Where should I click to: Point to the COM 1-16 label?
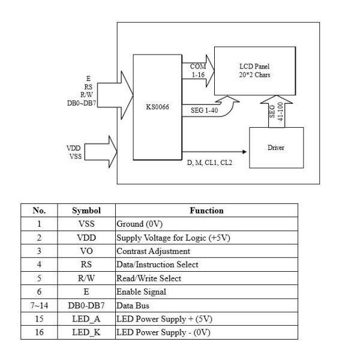click(198, 71)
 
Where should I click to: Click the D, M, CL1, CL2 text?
click(209, 162)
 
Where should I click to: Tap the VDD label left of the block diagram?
click(74, 147)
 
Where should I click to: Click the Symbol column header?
click(86, 211)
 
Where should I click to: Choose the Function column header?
click(206, 211)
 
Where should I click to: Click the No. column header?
click(39, 211)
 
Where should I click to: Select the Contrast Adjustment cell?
click(153, 251)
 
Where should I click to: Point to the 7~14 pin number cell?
click(39, 305)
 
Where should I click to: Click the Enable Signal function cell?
click(142, 292)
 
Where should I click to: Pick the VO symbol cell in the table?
click(86, 251)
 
